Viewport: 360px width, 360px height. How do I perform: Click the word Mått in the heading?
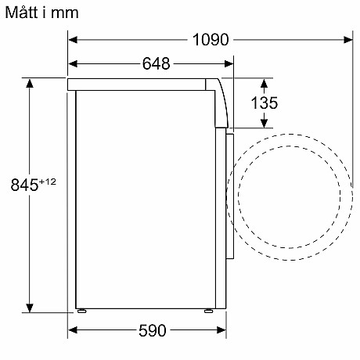20,13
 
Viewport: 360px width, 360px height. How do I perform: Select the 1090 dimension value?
210,39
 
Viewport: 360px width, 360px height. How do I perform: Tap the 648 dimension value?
156,64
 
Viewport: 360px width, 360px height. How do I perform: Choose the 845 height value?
24,185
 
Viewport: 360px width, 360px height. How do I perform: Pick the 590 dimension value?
153,330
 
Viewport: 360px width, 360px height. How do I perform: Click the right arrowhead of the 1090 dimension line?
344,39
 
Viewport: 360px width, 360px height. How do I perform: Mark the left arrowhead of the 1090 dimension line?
74,39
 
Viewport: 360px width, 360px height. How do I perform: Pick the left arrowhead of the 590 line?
74,330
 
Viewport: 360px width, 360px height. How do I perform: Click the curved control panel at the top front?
221,102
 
